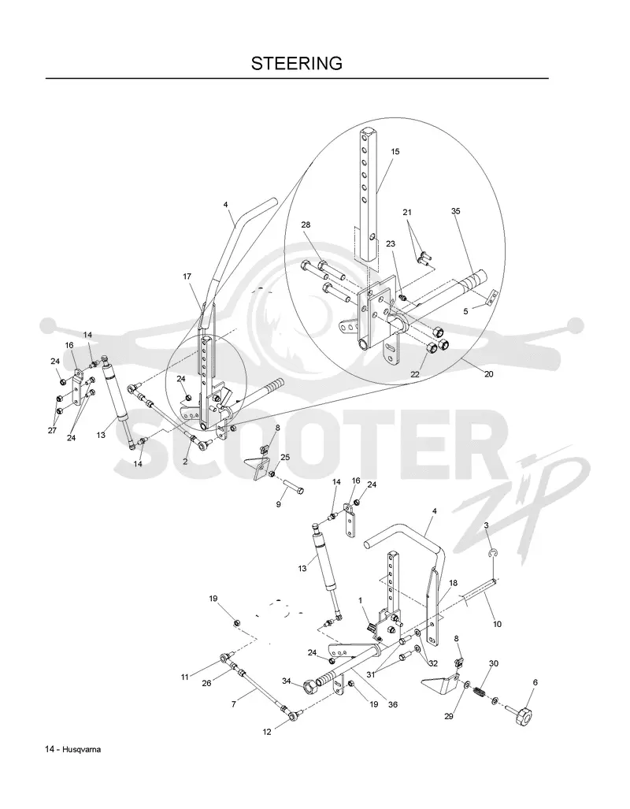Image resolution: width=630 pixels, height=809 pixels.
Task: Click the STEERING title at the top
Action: tap(297, 64)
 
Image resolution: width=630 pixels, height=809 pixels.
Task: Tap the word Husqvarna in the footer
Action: tap(82, 750)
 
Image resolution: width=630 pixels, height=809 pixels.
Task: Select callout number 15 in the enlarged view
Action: tap(395, 152)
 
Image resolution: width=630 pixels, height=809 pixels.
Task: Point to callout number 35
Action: tap(455, 211)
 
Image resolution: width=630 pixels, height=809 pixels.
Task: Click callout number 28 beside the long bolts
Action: tap(306, 225)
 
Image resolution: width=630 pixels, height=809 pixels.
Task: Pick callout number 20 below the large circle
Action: tap(488, 373)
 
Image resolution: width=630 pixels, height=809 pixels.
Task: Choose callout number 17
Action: tap(187, 276)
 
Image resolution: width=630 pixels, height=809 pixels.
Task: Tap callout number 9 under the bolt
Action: tap(279, 504)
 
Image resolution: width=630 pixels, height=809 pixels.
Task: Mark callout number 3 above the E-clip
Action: tap(486, 525)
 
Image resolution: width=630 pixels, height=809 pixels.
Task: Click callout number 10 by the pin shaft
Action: tap(497, 624)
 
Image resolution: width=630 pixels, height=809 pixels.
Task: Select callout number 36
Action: tap(393, 704)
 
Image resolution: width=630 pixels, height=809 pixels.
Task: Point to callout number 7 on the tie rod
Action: tap(234, 703)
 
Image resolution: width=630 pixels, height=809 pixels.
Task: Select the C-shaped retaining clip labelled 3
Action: tap(493, 554)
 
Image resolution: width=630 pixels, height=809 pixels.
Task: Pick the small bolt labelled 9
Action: tap(294, 487)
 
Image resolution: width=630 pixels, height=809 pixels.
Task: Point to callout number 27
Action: tap(52, 430)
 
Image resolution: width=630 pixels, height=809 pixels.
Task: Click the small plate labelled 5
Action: tap(493, 296)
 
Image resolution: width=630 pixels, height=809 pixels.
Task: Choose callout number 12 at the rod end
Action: tap(267, 732)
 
